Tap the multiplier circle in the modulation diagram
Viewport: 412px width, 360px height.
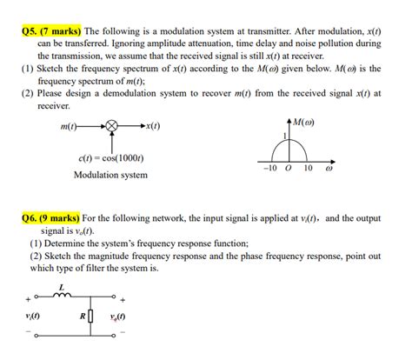[x=110, y=127]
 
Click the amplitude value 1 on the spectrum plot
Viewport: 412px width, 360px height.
[x=283, y=137]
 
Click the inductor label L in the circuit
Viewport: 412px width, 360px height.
[x=62, y=287]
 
